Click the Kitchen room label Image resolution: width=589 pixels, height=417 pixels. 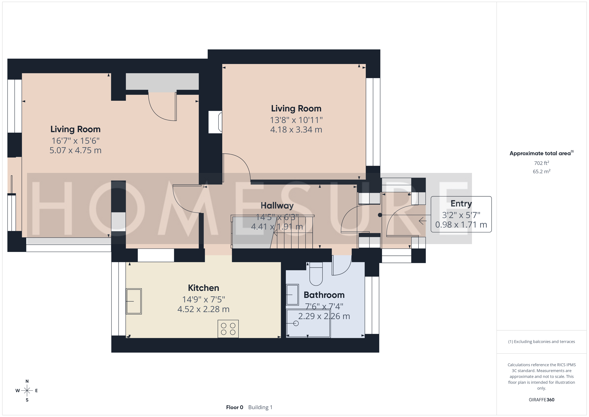(204, 288)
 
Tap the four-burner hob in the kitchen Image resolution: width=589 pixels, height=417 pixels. (228, 329)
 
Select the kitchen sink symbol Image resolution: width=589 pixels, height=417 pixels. (134, 301)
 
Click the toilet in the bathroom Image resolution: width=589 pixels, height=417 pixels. (316, 274)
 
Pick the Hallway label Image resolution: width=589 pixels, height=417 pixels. (277, 205)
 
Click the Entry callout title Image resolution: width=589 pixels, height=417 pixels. (461, 203)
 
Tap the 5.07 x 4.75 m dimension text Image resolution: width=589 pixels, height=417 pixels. (75, 150)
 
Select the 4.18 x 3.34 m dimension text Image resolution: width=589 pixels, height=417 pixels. (296, 129)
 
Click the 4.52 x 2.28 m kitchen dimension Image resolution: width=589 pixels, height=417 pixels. (204, 309)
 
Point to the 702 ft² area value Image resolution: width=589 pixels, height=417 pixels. (542, 163)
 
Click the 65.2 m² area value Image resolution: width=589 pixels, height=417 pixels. (542, 171)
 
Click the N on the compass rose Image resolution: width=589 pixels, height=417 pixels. (27, 381)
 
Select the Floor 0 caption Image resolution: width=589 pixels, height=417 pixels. (234, 407)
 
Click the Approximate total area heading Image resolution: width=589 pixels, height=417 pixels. (542, 153)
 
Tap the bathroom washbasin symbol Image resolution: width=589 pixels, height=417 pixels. (292, 295)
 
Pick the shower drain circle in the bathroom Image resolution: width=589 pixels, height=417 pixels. (296, 323)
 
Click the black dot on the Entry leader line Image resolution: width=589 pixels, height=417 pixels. (380, 215)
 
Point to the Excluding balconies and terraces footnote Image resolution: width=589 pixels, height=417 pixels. (542, 341)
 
